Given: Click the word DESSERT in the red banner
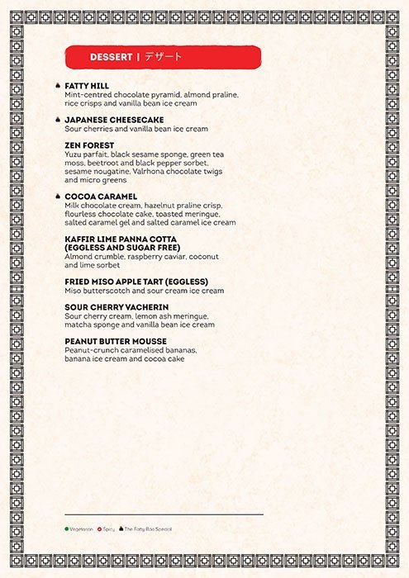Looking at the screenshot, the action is click(111, 57).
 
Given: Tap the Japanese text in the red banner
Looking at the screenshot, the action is click(163, 57).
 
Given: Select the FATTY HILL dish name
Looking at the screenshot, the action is click(87, 86).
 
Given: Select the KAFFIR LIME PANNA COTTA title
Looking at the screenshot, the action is click(121, 239).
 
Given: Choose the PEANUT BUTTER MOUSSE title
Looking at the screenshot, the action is click(116, 341).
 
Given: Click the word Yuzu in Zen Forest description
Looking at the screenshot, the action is click(73, 154).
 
